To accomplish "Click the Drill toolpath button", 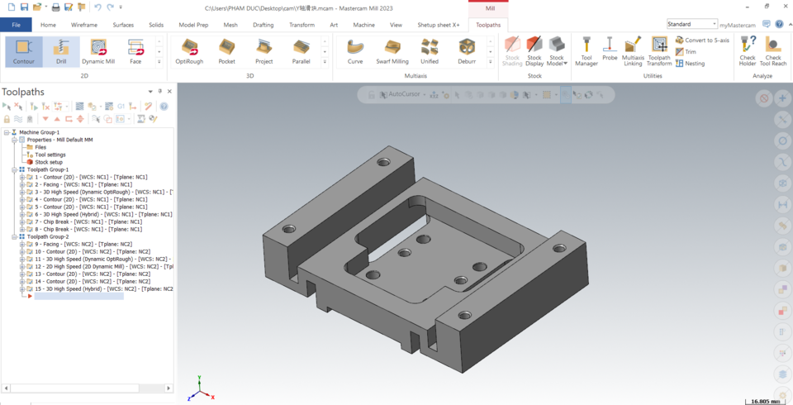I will pyautogui.click(x=61, y=51).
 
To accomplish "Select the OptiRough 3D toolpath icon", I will pyautogui.click(x=190, y=51).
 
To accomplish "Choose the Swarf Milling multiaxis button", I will pyautogui.click(x=392, y=51).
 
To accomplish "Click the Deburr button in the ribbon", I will pyautogui.click(x=467, y=51).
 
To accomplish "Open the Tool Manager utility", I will pyautogui.click(x=586, y=51).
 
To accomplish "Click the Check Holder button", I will pyautogui.click(x=748, y=51).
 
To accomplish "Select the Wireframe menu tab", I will pyautogui.click(x=84, y=25).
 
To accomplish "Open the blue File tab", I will pyautogui.click(x=16, y=25).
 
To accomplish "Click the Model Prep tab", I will pyautogui.click(x=193, y=25).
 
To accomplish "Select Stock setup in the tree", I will pyautogui.click(x=48, y=162).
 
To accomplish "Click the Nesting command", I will pyautogui.click(x=695, y=63).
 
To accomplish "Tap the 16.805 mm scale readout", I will pyautogui.click(x=765, y=401).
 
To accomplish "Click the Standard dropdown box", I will pyautogui.click(x=691, y=25).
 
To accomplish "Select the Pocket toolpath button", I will pyautogui.click(x=226, y=51).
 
